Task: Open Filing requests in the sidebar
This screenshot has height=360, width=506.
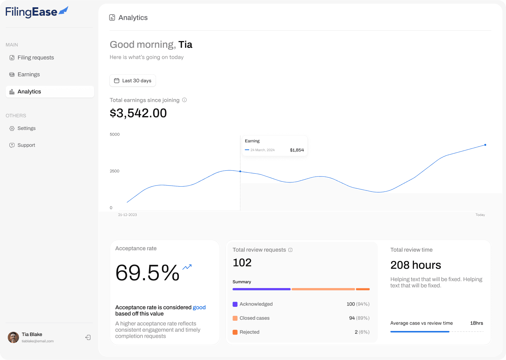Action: pos(32,58)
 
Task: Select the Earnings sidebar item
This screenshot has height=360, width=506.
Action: pos(25,74)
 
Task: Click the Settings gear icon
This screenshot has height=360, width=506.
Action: pos(12,129)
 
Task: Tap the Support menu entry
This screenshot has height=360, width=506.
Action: pos(22,145)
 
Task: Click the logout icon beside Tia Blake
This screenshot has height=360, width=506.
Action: pos(88,337)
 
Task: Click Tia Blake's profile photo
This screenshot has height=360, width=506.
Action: pos(13,337)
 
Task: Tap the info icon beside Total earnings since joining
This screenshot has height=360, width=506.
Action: pos(184,100)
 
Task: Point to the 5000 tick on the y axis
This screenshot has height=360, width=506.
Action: pos(115,134)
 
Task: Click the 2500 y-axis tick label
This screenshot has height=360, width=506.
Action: pos(115,171)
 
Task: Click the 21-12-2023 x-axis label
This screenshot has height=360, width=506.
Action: pos(128,215)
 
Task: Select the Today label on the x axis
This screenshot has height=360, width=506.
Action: pos(480,215)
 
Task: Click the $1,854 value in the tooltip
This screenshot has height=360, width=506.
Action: pos(297,150)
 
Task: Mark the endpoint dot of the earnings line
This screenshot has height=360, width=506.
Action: pos(485,145)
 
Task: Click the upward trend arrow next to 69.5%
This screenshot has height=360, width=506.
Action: pos(187,267)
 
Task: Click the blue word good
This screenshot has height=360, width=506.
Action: pos(199,308)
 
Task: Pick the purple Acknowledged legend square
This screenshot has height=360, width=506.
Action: pos(235,304)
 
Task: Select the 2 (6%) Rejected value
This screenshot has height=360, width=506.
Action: pos(362,332)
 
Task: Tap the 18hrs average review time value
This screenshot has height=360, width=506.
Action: pos(476,323)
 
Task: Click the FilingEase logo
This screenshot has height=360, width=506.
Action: pos(37,12)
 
